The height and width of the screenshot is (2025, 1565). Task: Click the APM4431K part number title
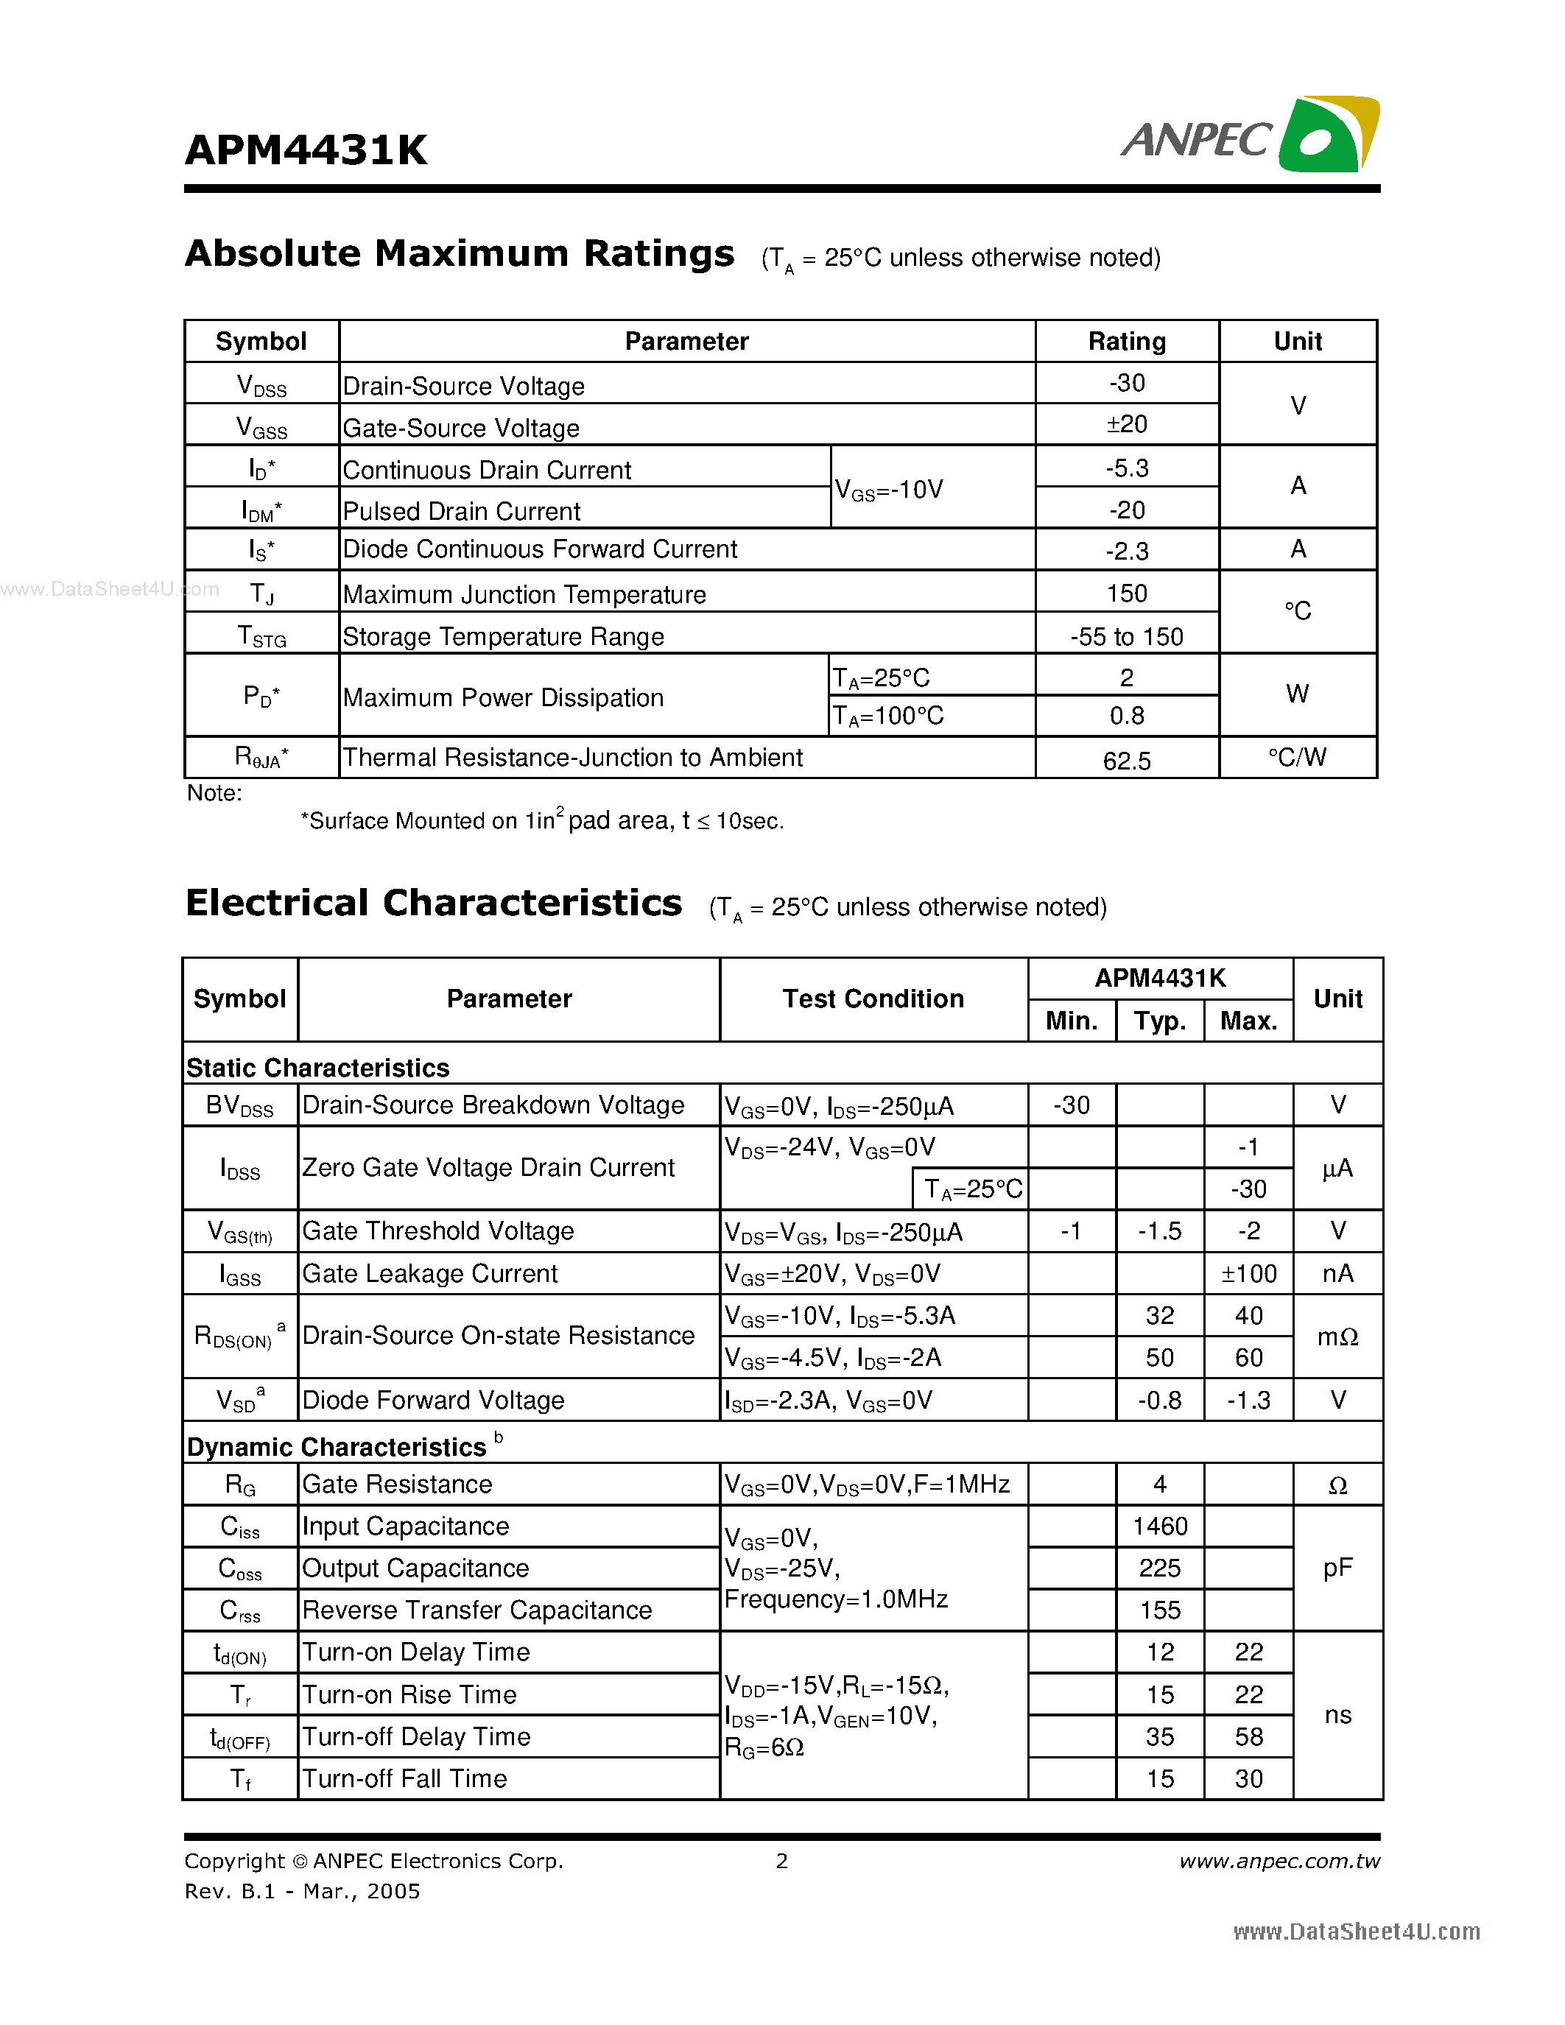(306, 150)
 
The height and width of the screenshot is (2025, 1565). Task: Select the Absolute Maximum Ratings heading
(460, 254)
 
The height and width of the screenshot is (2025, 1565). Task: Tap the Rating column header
(1127, 341)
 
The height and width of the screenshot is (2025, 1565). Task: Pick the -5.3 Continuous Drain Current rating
(1127, 468)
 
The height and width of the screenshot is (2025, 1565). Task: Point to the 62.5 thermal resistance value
(1127, 761)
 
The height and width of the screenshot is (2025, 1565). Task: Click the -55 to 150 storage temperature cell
(1127, 636)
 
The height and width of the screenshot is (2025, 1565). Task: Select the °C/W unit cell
(1297, 758)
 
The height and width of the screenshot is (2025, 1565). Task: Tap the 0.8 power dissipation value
(1127, 716)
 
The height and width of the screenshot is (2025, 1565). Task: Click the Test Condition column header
(873, 999)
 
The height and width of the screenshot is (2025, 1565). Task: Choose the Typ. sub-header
(1160, 1021)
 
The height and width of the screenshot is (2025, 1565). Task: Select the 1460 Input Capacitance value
(1160, 1526)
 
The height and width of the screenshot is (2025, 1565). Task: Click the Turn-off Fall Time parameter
(404, 1778)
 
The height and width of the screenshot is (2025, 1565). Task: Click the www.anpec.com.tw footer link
(1279, 1861)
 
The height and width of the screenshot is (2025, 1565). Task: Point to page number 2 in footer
(781, 1861)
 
